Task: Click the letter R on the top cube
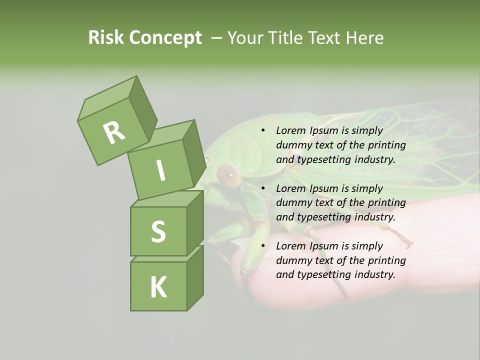[x=114, y=132]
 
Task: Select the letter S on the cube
[x=158, y=231]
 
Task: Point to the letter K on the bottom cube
[x=158, y=287]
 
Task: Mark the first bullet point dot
[x=263, y=130]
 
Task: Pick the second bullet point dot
[x=263, y=188]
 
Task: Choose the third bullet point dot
[x=263, y=246]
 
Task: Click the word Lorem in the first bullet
[x=290, y=130]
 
